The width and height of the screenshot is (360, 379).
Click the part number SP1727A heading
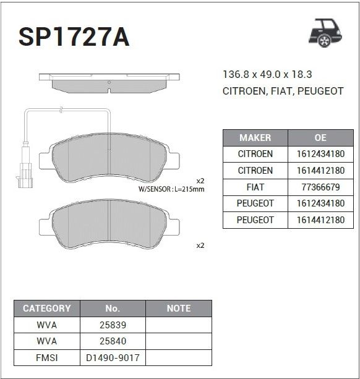[74, 36]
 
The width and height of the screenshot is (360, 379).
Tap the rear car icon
[325, 33]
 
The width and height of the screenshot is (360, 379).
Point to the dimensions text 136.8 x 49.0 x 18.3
[267, 74]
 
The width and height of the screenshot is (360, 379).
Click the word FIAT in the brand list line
[281, 91]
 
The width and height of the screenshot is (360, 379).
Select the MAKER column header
[255, 138]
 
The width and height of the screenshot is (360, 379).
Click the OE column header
[320, 138]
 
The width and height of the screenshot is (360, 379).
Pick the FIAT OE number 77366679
[320, 187]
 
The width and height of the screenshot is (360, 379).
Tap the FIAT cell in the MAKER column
[255, 187]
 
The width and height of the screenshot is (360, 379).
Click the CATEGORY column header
[46, 309]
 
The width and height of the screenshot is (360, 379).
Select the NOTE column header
[179, 309]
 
